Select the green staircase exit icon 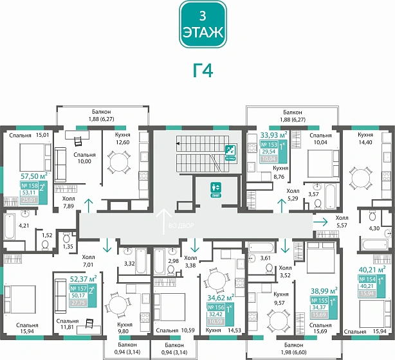229,151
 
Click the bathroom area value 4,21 24,226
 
